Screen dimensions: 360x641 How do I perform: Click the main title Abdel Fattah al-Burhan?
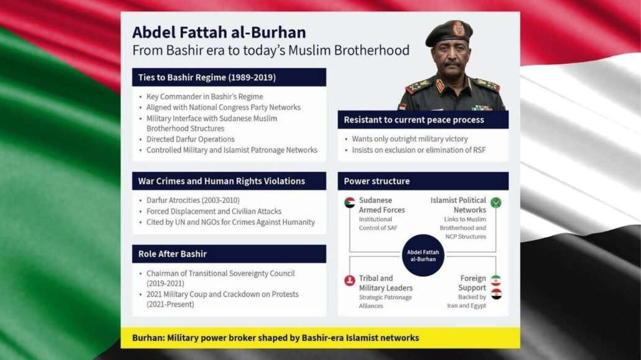coord(219,32)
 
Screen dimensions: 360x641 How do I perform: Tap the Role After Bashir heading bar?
coord(229,254)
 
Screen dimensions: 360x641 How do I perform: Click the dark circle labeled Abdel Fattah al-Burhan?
coord(423,255)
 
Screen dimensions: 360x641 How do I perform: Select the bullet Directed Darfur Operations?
coord(190,139)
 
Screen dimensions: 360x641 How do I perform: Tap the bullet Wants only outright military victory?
coord(409,139)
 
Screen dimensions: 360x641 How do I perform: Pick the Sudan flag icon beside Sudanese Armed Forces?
coord(350,202)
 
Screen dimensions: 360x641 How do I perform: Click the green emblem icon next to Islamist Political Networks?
coord(496,202)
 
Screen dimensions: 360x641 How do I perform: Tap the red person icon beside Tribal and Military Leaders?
coord(350,281)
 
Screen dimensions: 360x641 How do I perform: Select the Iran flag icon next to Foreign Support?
coord(496,281)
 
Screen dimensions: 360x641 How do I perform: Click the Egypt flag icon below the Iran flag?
coord(496,294)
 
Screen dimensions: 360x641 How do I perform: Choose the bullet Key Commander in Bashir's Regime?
coord(204,97)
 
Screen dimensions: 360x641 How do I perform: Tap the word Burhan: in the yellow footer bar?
coord(150,338)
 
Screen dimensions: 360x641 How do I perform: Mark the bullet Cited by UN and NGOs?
coord(230,222)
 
